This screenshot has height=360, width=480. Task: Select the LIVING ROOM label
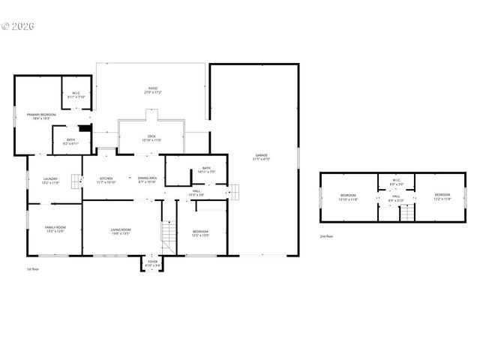click(x=121, y=231)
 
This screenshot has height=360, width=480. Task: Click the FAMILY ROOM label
click(x=55, y=229)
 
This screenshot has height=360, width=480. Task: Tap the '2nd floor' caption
click(x=326, y=235)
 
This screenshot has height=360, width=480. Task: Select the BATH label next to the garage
click(x=206, y=169)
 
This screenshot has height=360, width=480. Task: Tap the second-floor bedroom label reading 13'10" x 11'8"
click(x=347, y=197)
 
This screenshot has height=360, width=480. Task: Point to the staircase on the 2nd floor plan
click(x=406, y=214)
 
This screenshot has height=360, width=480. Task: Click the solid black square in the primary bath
click(x=85, y=127)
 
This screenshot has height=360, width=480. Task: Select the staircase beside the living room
click(x=169, y=238)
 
